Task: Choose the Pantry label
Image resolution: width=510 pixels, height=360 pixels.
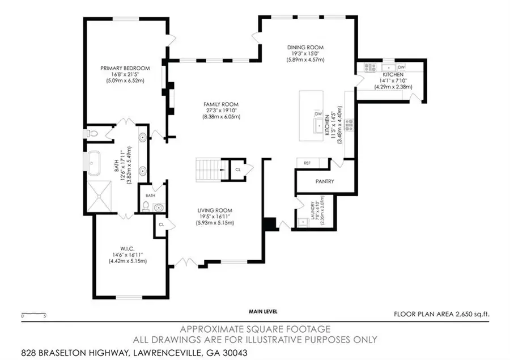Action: [x=324, y=181]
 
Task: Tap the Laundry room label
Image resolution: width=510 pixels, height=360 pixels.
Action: [x=313, y=210]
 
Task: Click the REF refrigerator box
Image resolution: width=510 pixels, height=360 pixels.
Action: [x=307, y=163]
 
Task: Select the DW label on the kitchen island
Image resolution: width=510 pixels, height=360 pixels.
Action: [x=318, y=114]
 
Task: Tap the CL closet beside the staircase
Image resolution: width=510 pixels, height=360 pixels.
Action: [x=238, y=169]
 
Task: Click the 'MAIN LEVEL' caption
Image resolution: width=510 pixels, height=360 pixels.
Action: [x=262, y=311]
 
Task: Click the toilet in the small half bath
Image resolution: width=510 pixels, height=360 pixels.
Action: [x=146, y=205]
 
